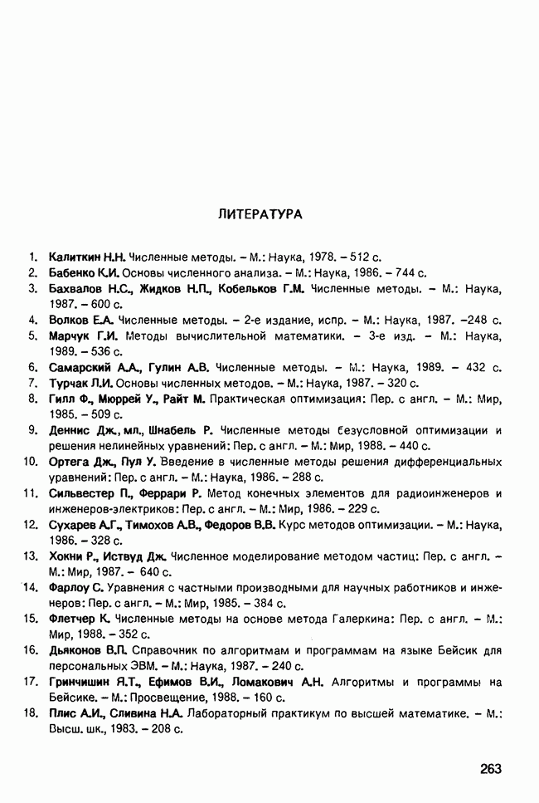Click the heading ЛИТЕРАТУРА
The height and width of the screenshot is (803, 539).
point(260,214)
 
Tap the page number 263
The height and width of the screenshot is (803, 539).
point(491,769)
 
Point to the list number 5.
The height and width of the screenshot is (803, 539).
point(32,336)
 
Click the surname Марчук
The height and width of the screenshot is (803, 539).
point(70,336)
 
